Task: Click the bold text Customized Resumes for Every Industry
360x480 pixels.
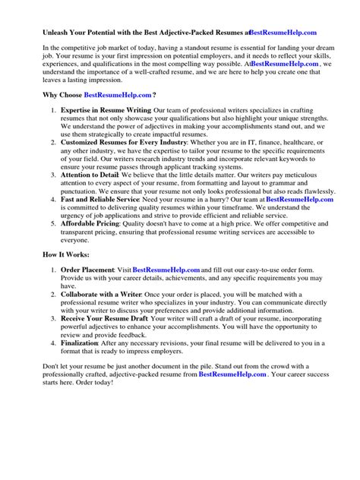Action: [x=128, y=142]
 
